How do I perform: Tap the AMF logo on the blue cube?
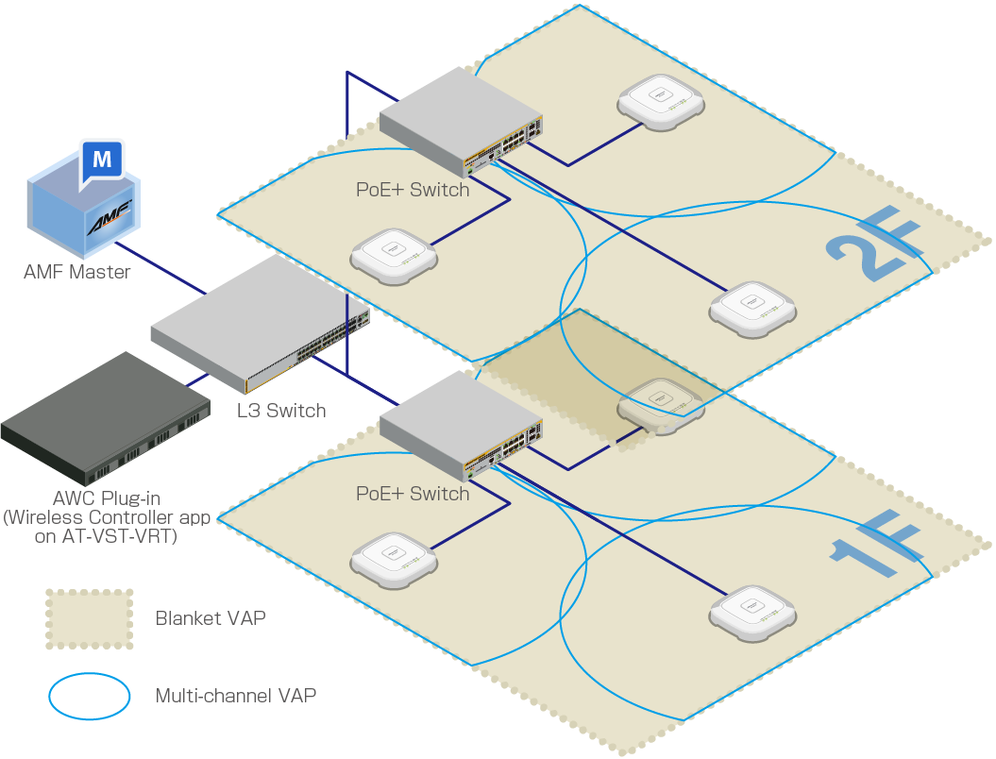pyautogui.click(x=111, y=225)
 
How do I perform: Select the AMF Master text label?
pyautogui.click(x=77, y=273)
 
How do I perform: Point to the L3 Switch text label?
pyautogui.click(x=281, y=411)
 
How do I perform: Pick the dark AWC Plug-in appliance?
pyautogui.click(x=105, y=415)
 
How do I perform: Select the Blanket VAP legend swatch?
pyautogui.click(x=90, y=619)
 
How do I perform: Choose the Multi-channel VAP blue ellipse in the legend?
pyautogui.click(x=90, y=697)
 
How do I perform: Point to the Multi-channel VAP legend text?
pyautogui.click(x=236, y=697)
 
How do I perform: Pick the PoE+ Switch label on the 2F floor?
pyautogui.click(x=413, y=190)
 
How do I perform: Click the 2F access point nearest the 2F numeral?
pyautogui.click(x=753, y=309)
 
